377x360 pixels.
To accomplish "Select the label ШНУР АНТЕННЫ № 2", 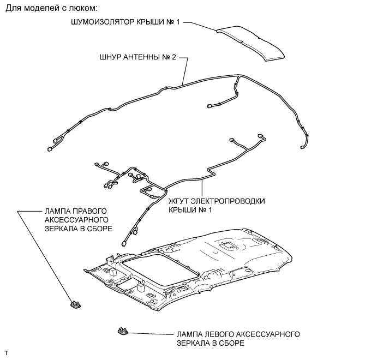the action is point(137,56).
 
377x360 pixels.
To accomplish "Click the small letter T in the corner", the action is point(6,353).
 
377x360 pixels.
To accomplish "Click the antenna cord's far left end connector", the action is point(50,147).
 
